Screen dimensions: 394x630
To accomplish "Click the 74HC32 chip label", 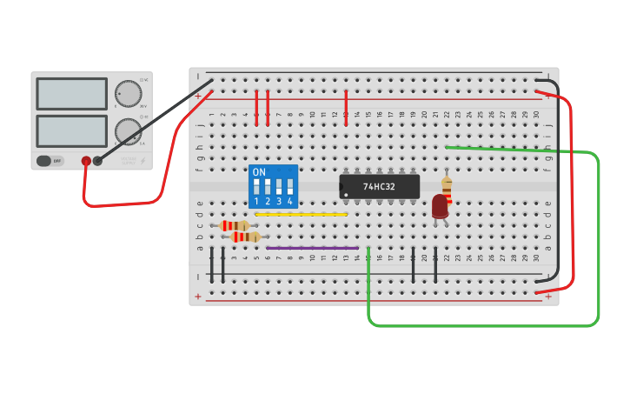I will click(379, 187).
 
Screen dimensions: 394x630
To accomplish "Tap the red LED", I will click(440, 206).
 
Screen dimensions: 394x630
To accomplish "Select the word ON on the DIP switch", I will click(259, 172).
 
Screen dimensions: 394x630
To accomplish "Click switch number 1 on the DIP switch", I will click(256, 187).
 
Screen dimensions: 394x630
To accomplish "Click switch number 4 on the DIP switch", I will click(289, 187).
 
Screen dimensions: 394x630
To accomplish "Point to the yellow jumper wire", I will click(301, 214).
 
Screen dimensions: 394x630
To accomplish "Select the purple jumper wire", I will click(312, 248).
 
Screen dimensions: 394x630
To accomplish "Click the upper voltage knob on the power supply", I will click(128, 93).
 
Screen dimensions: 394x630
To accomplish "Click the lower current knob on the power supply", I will click(127, 131).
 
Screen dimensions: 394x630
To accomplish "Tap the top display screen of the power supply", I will click(71, 93).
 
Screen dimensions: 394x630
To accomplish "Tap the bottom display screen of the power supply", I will click(71, 130).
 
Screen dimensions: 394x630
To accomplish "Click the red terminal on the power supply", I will click(86, 161).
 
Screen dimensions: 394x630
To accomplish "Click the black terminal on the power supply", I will click(97, 161).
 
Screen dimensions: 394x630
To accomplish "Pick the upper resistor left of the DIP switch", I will click(235, 226).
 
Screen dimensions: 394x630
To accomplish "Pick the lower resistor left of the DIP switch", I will click(245, 237).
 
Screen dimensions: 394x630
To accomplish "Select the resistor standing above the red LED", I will click(447, 187).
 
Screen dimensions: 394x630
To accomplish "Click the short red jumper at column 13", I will click(346, 108).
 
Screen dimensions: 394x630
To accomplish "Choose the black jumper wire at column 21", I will click(435, 264).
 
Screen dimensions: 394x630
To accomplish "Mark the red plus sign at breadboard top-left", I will click(198, 96).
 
